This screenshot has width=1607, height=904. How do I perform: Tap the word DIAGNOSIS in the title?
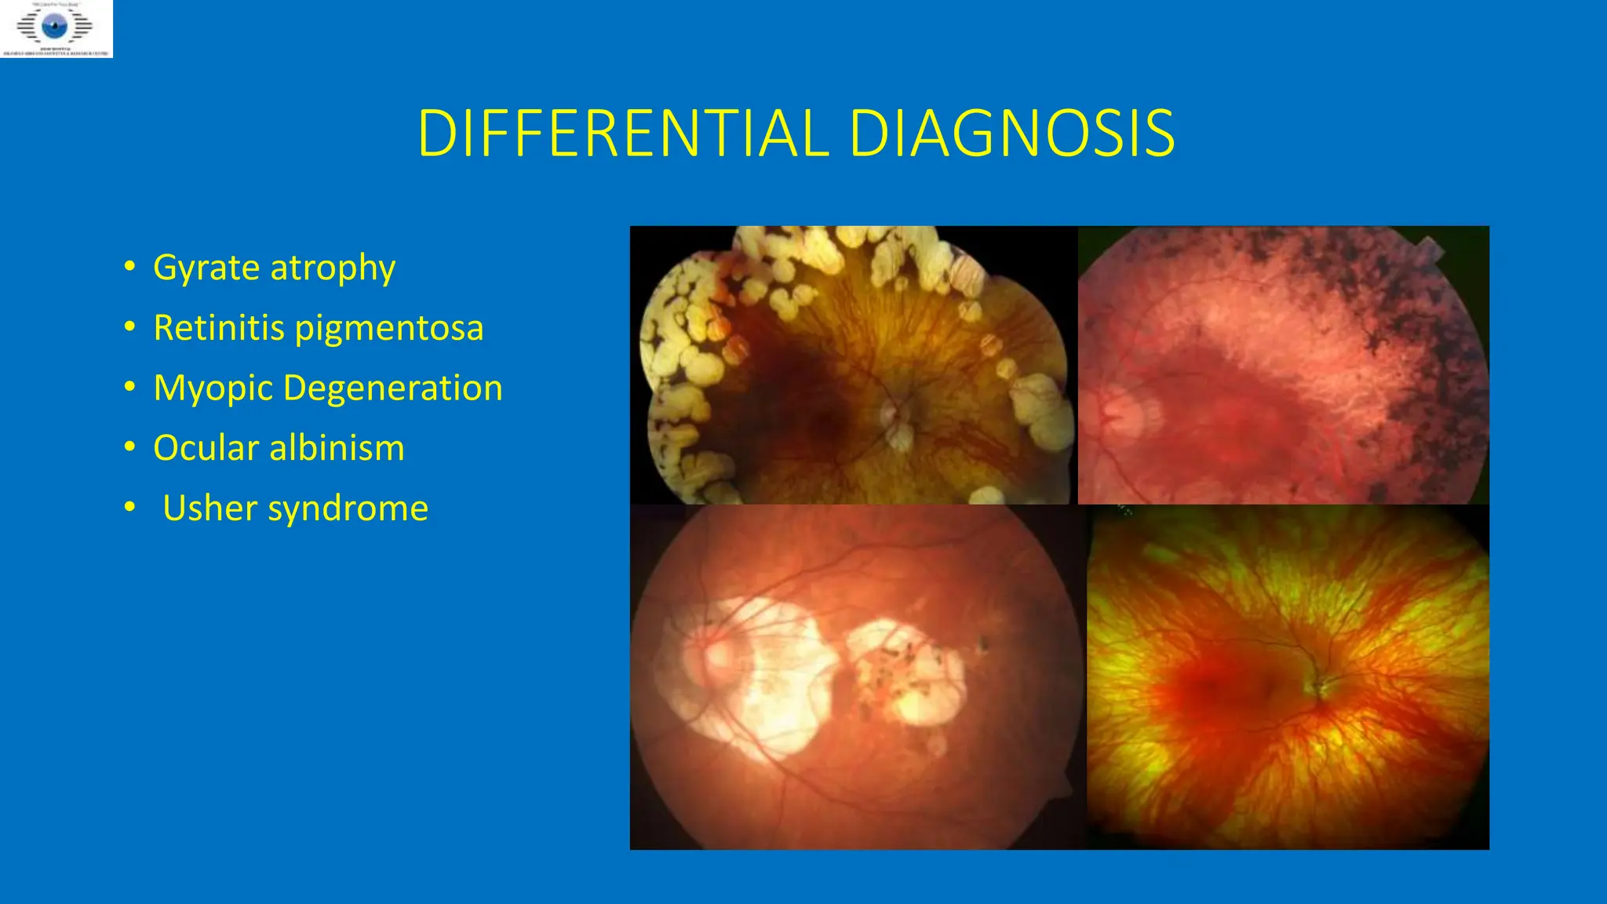coord(1011,133)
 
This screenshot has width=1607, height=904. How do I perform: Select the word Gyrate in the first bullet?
coord(206,268)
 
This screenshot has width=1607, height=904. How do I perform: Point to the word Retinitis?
coord(219,328)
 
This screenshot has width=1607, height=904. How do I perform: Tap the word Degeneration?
coord(392,389)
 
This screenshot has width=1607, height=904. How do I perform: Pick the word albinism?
coord(337,448)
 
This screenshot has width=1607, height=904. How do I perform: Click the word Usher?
coord(210,508)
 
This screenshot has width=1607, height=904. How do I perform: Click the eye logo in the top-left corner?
coord(56,27)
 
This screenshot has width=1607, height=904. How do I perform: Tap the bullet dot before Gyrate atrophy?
coord(129,267)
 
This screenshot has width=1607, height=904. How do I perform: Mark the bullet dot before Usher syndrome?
coord(129,508)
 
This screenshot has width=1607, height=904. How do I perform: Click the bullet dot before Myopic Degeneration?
coord(129,388)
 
